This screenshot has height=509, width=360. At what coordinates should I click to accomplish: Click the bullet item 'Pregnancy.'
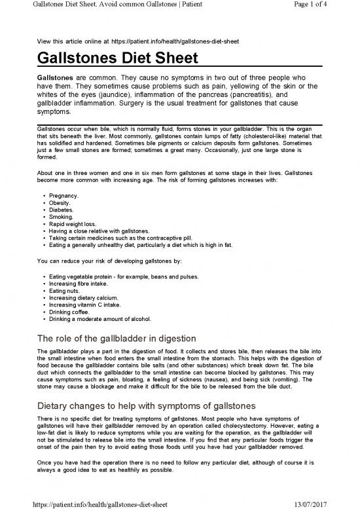point(64,196)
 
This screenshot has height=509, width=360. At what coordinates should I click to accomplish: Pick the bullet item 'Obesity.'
point(61,203)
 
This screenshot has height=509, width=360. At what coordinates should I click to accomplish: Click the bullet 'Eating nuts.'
point(66,291)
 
